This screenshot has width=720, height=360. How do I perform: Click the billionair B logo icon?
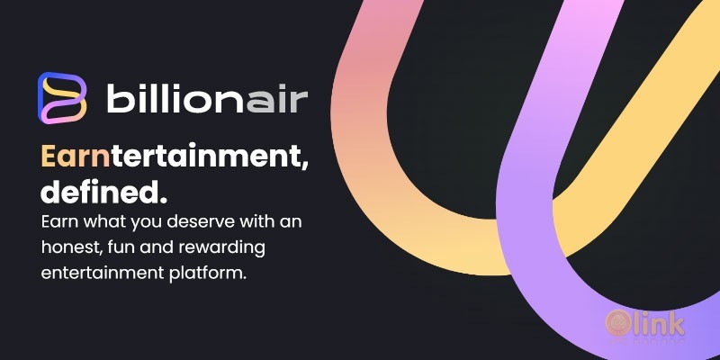coord(62,97)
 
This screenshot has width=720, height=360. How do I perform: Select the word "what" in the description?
coord(99,221)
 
